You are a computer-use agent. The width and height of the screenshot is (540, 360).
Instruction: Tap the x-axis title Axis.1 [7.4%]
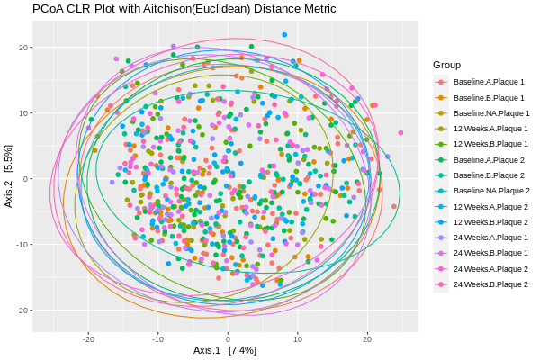[225, 350]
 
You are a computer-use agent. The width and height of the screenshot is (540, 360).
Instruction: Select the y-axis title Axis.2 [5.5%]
[9, 178]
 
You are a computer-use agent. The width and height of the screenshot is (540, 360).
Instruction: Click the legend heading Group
[446, 65]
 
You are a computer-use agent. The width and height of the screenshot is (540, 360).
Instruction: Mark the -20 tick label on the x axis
[88, 339]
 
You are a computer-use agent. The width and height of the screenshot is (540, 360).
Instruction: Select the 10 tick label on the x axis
[297, 339]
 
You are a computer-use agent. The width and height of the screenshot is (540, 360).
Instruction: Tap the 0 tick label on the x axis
[228, 339]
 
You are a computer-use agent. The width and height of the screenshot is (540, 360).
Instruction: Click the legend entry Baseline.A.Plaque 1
[489, 82]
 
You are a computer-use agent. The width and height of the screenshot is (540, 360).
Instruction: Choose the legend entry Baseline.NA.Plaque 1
[491, 113]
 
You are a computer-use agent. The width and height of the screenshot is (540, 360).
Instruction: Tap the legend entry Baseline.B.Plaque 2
[489, 175]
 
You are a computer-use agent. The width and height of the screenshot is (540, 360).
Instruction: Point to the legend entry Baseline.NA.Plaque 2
[491, 191]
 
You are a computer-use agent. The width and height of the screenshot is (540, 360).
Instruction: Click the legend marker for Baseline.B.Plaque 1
[441, 97]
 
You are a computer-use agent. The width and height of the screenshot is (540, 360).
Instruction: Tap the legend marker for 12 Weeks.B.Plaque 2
[441, 222]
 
